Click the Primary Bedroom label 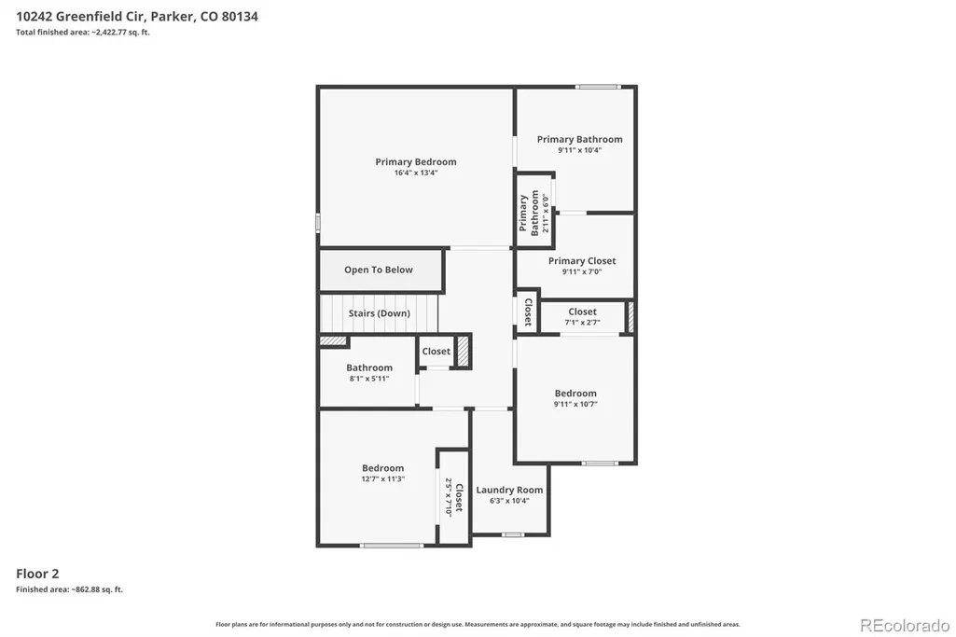click(416, 162)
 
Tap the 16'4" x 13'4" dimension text click(416, 173)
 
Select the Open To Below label click(379, 270)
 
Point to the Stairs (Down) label click(380, 313)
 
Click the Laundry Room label click(509, 490)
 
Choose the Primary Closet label click(582, 261)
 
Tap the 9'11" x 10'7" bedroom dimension click(575, 404)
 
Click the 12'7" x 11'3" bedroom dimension click(383, 479)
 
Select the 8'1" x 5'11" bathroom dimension click(369, 379)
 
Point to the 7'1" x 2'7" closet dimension click(582, 323)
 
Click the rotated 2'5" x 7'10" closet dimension click(449, 497)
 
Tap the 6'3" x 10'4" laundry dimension click(509, 501)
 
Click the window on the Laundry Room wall click(513, 535)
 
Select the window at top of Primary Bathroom click(598, 87)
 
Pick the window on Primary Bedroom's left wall click(318, 223)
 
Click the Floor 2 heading click(37, 574)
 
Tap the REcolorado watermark click(905, 626)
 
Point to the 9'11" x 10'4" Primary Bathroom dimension click(580, 150)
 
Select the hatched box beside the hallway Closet click(464, 352)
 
